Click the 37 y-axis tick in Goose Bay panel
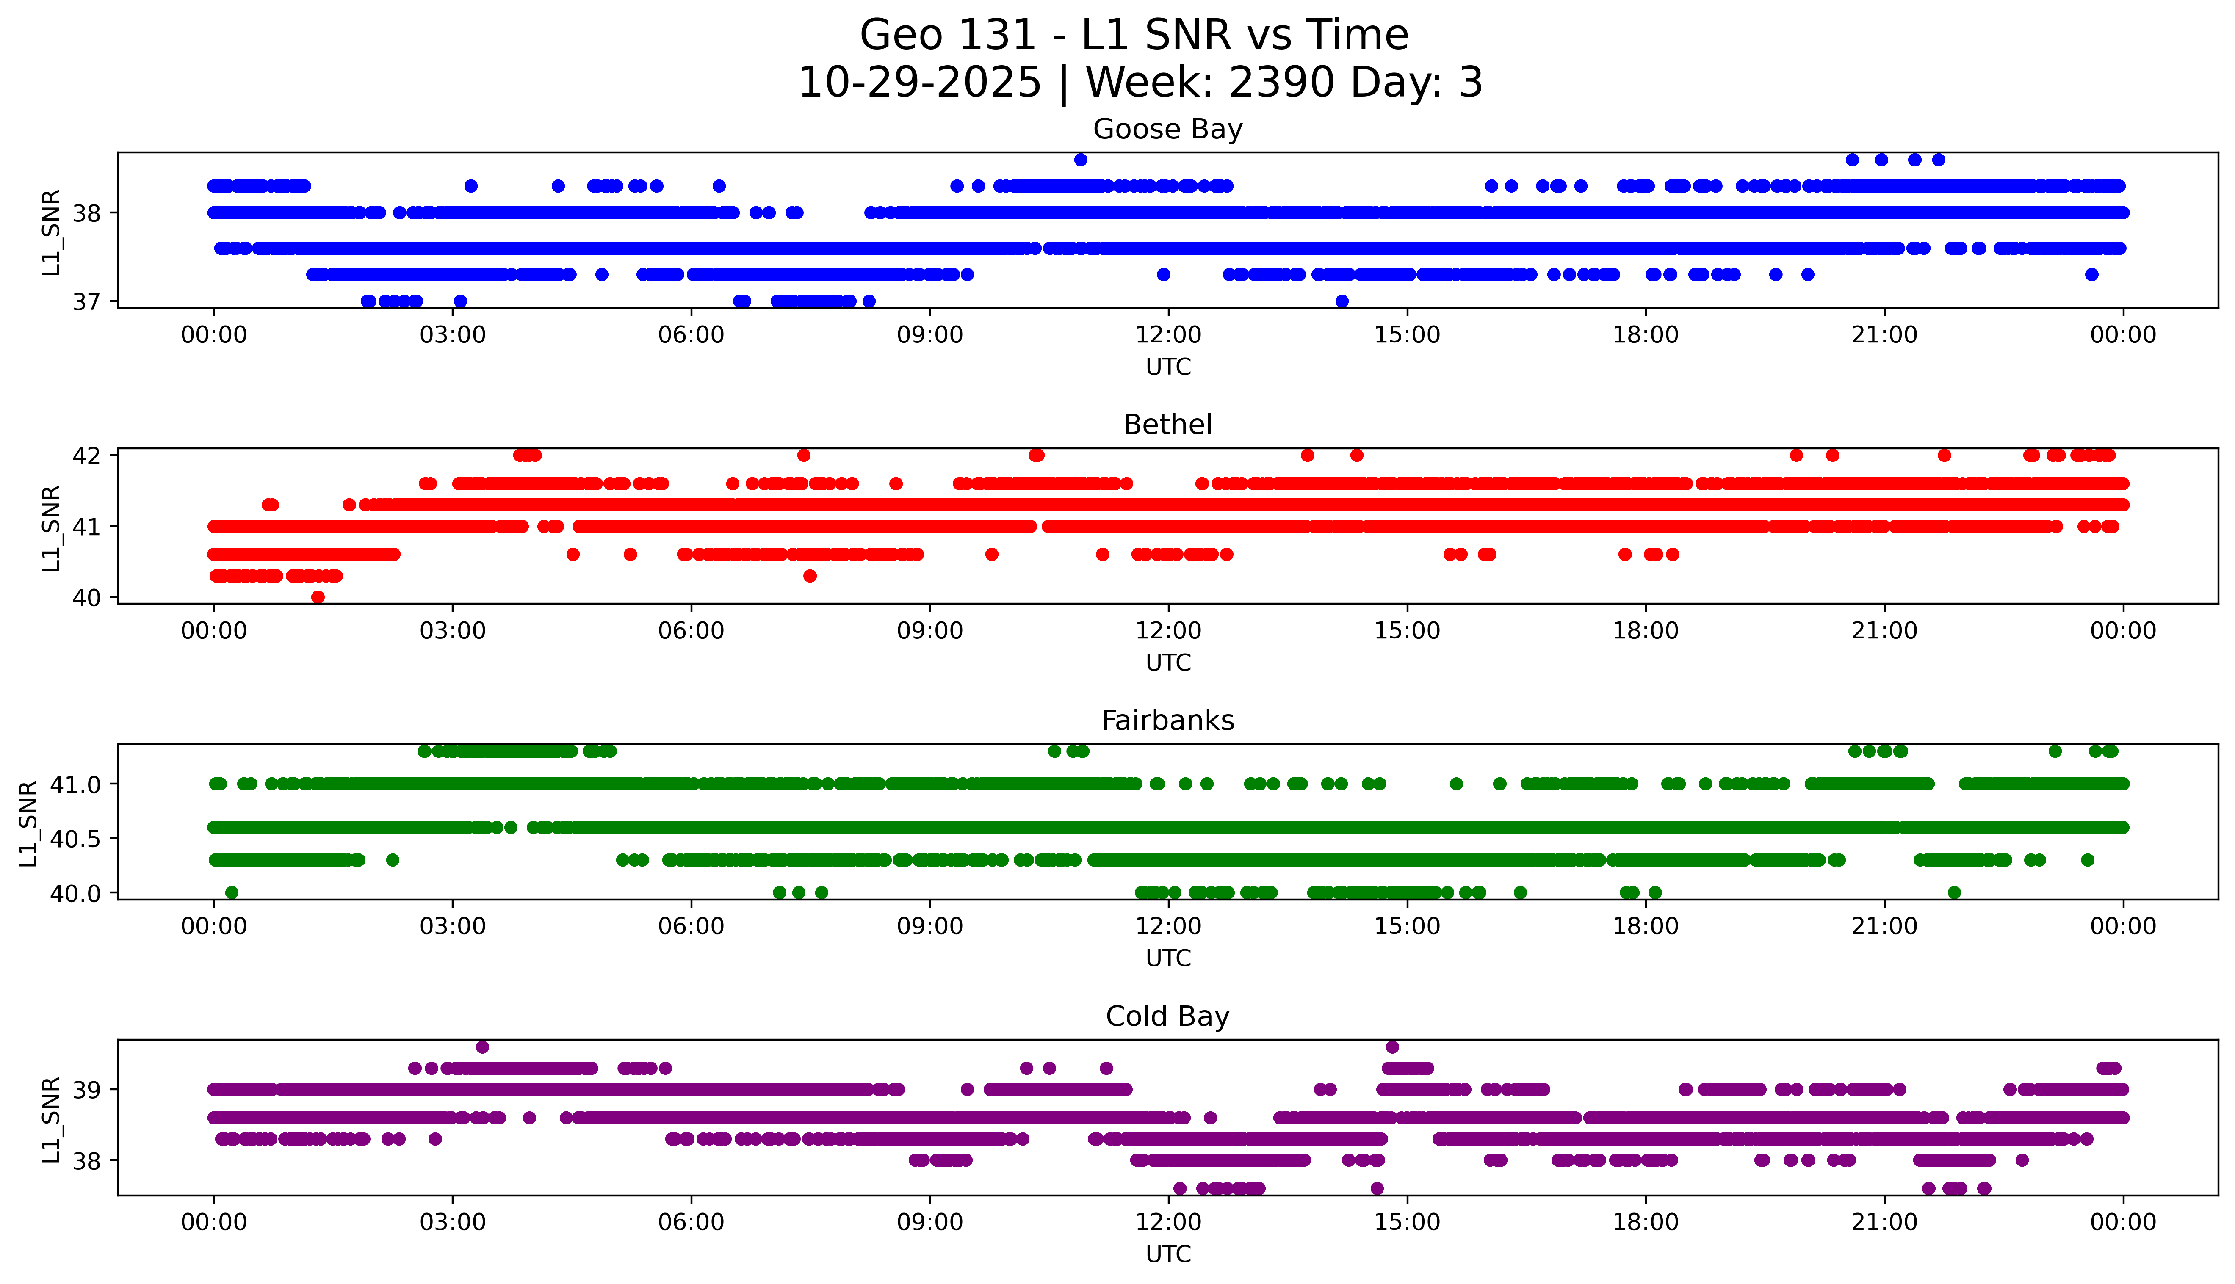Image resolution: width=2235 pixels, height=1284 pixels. [x=86, y=301]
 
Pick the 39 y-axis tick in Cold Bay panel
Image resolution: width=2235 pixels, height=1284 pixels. [x=86, y=1090]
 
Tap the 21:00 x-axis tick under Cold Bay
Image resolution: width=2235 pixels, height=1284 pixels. [x=1884, y=1222]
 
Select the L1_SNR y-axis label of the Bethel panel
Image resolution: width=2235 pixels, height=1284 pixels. [x=51, y=527]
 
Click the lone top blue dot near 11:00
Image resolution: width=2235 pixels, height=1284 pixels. [x=1081, y=160]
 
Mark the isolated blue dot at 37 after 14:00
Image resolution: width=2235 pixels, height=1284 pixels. [x=1342, y=301]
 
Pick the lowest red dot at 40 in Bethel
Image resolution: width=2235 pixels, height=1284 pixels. [x=318, y=597]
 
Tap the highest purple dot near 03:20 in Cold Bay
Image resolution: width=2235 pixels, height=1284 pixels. [x=481, y=1047]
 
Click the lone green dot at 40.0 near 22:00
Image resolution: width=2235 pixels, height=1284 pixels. [x=1954, y=892]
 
